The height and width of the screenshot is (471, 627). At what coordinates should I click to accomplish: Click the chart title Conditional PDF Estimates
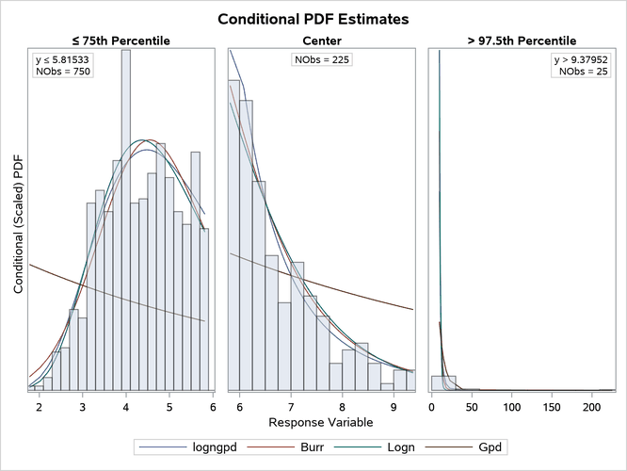tap(313, 19)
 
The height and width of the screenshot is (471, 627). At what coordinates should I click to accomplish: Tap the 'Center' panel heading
tap(322, 41)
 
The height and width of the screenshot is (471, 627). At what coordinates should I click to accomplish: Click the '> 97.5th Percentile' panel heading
tap(523, 41)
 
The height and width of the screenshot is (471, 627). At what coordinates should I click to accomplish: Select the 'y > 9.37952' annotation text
tap(582, 60)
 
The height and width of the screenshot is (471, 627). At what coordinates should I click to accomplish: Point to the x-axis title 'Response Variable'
tap(322, 421)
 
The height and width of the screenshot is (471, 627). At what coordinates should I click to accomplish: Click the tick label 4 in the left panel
tap(125, 406)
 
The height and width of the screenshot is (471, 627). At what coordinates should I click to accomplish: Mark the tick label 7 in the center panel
tap(291, 406)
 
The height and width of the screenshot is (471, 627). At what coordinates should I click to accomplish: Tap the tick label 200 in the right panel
tap(591, 406)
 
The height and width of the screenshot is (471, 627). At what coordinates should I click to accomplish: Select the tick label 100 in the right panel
tap(511, 406)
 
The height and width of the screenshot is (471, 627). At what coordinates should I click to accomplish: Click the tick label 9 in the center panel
tap(394, 406)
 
